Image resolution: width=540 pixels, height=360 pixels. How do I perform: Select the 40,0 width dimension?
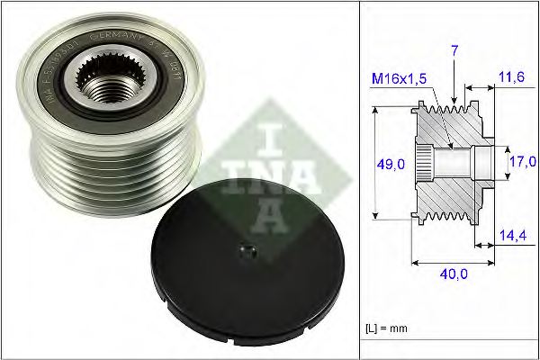click(x=453, y=277)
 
